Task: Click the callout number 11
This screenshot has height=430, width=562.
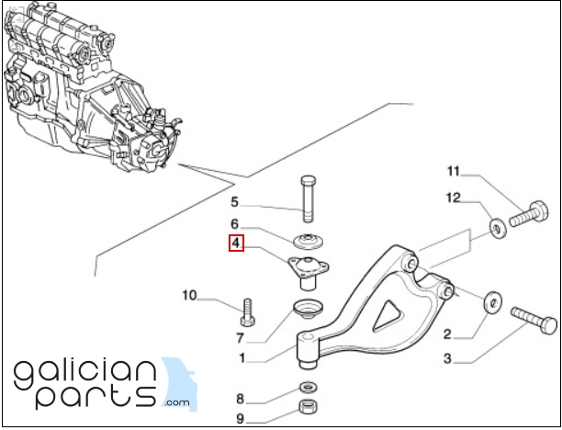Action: click(453, 172)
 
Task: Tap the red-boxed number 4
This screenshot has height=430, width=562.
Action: click(236, 243)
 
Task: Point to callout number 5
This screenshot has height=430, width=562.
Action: click(234, 202)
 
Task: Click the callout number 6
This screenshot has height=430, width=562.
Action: click(234, 223)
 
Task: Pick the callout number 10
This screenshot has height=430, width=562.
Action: click(189, 295)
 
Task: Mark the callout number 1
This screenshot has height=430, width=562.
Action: click(241, 357)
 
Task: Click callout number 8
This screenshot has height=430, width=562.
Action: click(241, 399)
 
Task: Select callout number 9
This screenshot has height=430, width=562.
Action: click(241, 419)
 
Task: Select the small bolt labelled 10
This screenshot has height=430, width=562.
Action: click(245, 313)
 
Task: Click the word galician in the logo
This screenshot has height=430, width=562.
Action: click(87, 372)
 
